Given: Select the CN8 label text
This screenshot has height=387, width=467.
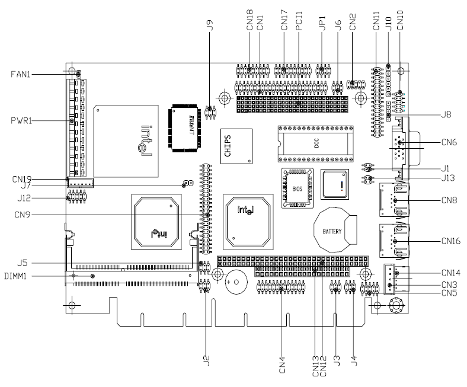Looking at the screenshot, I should pos(449,200).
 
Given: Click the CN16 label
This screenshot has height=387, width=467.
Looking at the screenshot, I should pos(451,242).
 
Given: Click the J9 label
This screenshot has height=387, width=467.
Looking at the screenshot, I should pos(209,27).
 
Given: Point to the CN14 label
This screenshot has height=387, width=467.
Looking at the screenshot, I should pos(451,273).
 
